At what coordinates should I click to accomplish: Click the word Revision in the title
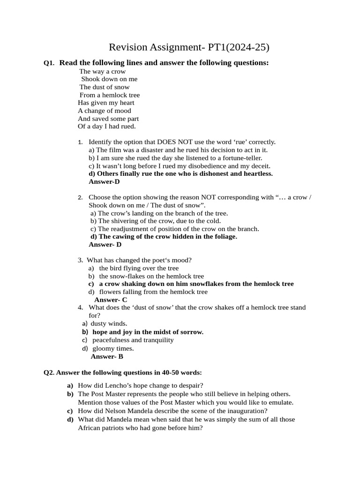pos(128,47)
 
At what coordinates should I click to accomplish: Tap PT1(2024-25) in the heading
pos(239,47)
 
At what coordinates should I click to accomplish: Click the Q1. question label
pos(49,63)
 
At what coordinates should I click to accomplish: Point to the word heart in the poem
pos(125,103)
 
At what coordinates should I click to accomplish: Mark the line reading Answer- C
pos(111,300)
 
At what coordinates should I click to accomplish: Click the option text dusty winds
pos(109,323)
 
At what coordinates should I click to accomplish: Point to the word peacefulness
pos(114,340)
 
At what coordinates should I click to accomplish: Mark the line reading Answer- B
pos(107,357)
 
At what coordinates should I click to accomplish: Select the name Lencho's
pos(122,386)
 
